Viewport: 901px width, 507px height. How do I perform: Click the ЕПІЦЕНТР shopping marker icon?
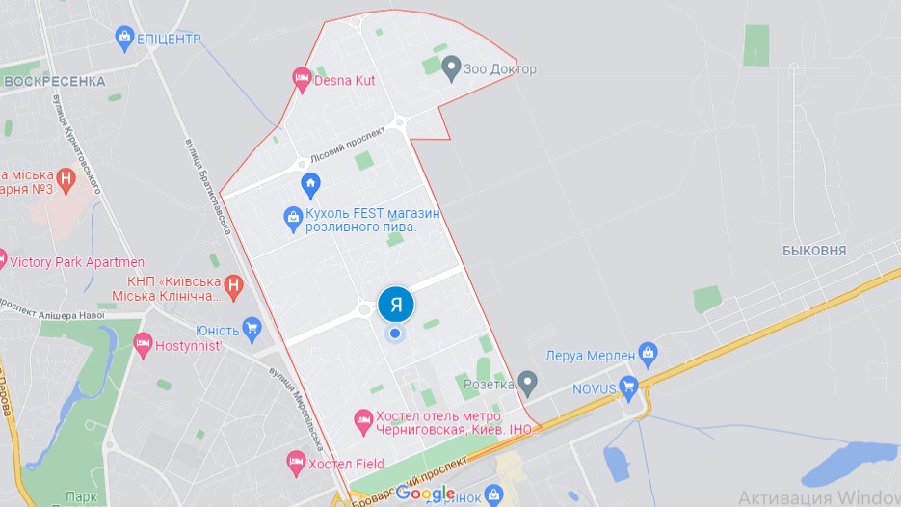[123, 39]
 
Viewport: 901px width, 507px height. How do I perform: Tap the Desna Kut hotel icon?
[301, 79]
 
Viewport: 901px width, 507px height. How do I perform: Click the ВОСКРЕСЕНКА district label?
[54, 81]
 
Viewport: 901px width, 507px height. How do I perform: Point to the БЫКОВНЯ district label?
[814, 251]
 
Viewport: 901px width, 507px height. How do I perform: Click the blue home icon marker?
[310, 183]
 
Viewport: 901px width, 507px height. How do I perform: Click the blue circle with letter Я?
[396, 305]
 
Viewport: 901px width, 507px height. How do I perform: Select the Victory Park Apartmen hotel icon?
[2, 259]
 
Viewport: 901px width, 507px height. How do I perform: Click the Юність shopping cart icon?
[252, 329]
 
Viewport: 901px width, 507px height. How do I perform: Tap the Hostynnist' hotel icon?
[143, 342]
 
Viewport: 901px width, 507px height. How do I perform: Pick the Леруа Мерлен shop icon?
[649, 355]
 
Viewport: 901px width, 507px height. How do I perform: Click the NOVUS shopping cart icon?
[629, 388]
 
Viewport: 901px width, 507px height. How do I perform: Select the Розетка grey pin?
[527, 382]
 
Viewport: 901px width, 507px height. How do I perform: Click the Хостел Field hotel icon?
[297, 464]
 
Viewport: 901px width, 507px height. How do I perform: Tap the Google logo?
[425, 494]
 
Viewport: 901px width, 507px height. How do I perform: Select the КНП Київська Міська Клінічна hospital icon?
[232, 285]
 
